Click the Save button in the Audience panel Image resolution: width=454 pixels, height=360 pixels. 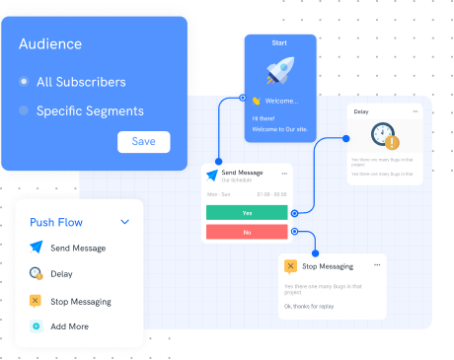143,141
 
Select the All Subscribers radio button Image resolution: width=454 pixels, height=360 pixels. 24,82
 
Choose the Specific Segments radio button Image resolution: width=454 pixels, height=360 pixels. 24,111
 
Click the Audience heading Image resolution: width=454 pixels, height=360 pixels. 49,44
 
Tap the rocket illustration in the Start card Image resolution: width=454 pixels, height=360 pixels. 279,68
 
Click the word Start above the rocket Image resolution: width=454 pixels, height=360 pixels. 279,43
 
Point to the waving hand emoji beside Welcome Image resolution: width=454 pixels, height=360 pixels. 255,101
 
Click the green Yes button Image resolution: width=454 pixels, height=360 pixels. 247,212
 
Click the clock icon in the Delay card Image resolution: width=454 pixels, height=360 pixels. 386,136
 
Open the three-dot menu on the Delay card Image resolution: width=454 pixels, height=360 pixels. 416,111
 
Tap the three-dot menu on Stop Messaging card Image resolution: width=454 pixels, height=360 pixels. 376,265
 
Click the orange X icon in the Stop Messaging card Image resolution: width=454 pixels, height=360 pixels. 290,266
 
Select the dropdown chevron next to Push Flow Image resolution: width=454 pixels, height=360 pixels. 124,223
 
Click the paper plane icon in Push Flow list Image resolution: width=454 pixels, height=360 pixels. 37,248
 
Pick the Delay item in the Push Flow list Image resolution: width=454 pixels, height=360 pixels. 61,274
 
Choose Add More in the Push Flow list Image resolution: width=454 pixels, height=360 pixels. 69,325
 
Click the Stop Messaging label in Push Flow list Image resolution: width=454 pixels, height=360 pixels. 80,301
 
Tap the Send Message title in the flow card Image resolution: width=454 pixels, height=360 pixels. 242,174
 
